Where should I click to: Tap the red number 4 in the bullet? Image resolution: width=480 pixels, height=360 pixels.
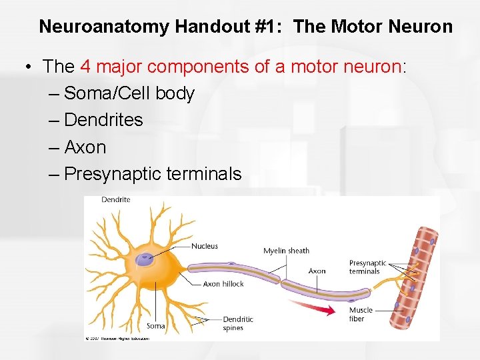(85, 66)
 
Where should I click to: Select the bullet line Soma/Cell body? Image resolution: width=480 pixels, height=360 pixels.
(129, 93)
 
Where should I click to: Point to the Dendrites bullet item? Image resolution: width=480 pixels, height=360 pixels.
(103, 120)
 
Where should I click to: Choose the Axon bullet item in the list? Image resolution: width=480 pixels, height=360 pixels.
(85, 147)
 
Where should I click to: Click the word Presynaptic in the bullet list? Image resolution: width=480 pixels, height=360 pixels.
(112, 174)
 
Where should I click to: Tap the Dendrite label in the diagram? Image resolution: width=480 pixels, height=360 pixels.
(116, 199)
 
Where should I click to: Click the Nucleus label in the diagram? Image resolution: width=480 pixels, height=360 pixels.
(205, 246)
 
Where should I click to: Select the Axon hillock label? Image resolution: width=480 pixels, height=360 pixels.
(223, 284)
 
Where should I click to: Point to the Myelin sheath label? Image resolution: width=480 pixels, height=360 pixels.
(286, 251)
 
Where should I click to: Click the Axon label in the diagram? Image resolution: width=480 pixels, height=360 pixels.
(317, 271)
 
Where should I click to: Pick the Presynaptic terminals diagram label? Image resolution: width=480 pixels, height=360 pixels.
(367, 267)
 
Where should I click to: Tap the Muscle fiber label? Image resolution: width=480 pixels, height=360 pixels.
(361, 314)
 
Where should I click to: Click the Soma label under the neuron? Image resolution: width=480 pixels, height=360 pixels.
(155, 326)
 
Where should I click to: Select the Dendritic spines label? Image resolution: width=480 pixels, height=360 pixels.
(237, 323)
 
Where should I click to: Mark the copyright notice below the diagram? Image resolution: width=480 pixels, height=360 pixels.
(117, 339)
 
